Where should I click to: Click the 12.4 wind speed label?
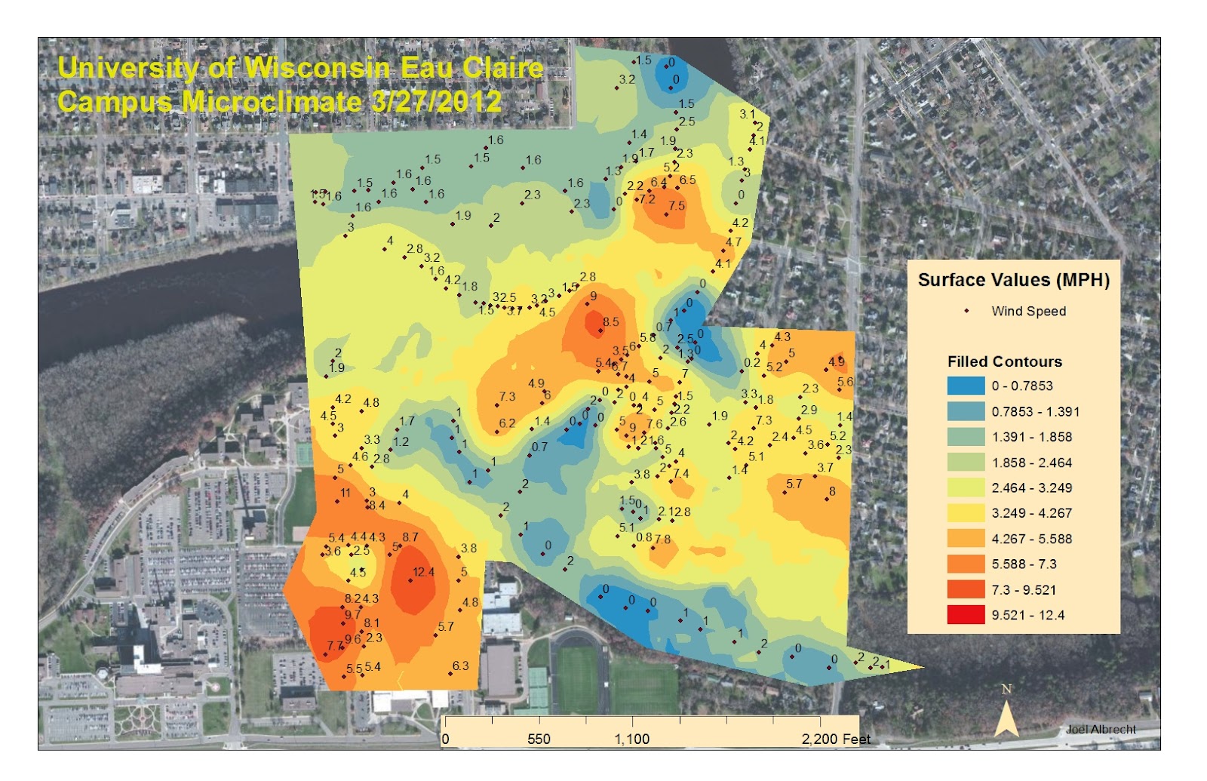pos(423,572)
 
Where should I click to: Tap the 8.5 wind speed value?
pos(610,322)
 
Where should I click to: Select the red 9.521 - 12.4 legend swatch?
pos(966,615)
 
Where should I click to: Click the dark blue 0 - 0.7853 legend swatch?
pos(966,386)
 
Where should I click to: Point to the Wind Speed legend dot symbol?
pos(966,311)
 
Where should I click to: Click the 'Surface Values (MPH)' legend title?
pos(1013,280)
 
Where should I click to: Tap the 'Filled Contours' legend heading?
pos(1004,361)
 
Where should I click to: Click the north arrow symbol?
pos(1006,713)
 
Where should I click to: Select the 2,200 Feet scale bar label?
pos(835,739)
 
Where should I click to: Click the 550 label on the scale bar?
pos(539,739)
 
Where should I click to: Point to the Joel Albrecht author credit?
pos(1101,729)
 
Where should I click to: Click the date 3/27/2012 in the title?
pos(436,101)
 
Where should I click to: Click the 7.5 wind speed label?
pos(676,206)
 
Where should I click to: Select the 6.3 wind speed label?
pos(460,666)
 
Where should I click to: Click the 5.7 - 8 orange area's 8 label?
pos(832,491)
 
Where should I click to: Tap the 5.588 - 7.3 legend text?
pos(1024,564)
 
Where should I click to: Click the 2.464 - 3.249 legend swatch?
pos(966,487)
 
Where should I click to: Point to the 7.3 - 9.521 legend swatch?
pos(966,589)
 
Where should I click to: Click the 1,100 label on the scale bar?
pos(631,739)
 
